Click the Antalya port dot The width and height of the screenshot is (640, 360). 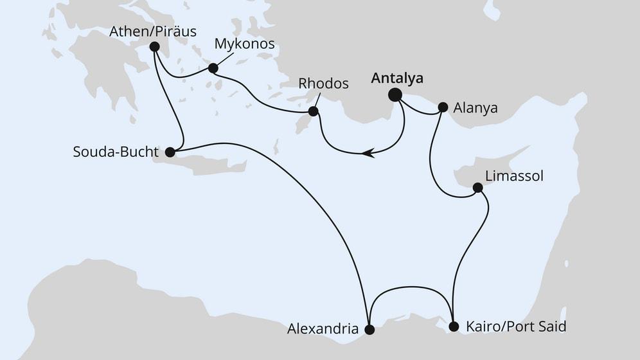click(x=395, y=95)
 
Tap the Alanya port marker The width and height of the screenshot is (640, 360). click(x=443, y=107)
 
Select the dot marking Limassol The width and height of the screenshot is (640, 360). click(x=477, y=188)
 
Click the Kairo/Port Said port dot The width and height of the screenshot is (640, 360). click(x=454, y=326)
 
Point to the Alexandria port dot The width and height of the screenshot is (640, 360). click(x=369, y=330)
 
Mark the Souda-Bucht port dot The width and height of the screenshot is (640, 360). click(x=170, y=152)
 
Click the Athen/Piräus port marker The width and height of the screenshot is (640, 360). click(x=154, y=46)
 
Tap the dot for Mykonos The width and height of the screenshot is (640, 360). click(x=213, y=67)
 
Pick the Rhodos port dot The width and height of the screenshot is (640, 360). click(x=313, y=111)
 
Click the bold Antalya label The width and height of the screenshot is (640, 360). click(x=397, y=78)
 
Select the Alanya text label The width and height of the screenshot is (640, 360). click(x=476, y=108)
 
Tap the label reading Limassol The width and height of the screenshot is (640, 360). click(x=514, y=176)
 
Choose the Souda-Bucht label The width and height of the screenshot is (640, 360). click(x=115, y=153)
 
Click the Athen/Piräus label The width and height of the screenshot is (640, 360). click(x=153, y=31)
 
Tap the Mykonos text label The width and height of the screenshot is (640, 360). click(x=244, y=44)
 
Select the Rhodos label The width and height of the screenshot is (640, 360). click(x=324, y=84)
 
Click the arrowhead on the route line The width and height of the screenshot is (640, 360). click(x=368, y=153)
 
